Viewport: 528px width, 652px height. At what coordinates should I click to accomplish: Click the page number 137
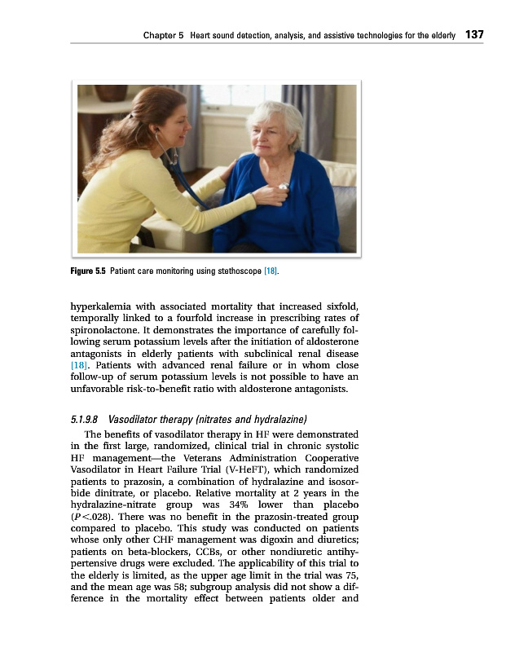pyautogui.click(x=474, y=34)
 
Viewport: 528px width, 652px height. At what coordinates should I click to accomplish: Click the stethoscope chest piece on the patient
pyautogui.click(x=284, y=187)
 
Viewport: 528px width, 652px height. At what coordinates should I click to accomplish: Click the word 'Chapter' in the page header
pyautogui.click(x=160, y=35)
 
